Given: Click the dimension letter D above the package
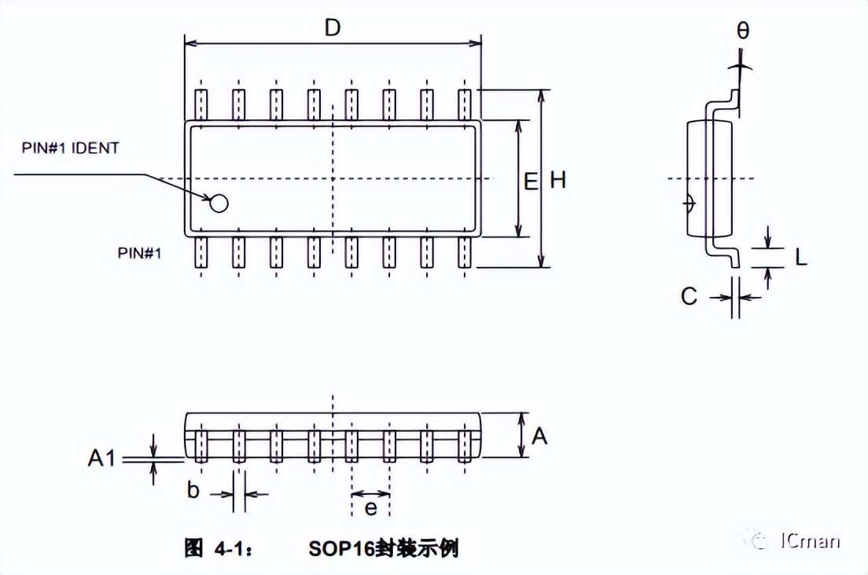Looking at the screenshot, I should pos(333,27).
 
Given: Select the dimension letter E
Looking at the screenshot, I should pos(531,182).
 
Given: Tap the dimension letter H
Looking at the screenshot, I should pos(557,181).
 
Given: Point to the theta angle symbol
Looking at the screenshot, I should pos(743,31).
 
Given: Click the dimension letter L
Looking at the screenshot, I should pos(800,257).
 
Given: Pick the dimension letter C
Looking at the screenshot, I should pos(689,297).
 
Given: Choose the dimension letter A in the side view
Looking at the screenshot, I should pos(539,435).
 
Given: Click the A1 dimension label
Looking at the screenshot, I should pos(102,457).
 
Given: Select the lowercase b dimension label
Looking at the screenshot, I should pos(193,492).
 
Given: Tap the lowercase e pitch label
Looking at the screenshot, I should pos(370,508).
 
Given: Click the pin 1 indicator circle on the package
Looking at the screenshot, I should pos(219,203).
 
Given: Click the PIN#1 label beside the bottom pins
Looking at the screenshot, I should pos(139,253).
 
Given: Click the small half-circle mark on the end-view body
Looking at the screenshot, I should pos(690,203).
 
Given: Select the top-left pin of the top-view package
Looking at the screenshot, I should pos(201,104).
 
